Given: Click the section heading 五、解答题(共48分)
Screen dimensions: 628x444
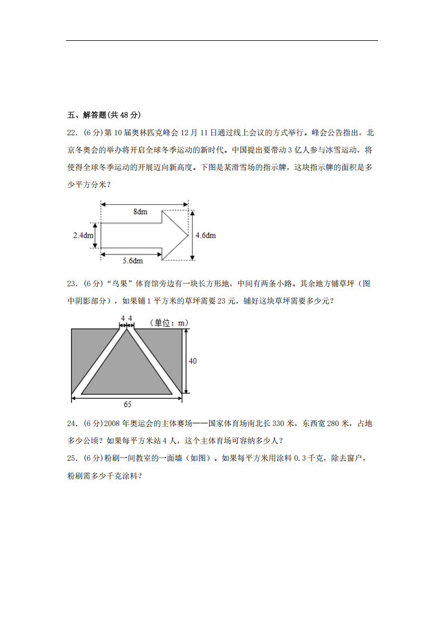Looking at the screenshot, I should (103, 115).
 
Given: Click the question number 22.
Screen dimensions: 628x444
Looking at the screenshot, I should (72, 133).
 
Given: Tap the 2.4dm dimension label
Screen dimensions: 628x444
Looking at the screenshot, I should (83, 235).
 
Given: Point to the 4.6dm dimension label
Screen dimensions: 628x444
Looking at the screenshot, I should (205, 235).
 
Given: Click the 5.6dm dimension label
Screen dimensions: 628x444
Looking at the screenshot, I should (133, 261).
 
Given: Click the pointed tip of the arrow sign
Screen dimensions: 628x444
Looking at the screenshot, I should (187, 235).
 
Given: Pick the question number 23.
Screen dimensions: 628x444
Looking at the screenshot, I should (72, 284).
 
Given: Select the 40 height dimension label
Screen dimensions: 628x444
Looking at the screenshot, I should (192, 361).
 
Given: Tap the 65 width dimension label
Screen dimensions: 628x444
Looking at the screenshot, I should (127, 404).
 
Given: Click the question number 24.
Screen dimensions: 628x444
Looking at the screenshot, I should (72, 424).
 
